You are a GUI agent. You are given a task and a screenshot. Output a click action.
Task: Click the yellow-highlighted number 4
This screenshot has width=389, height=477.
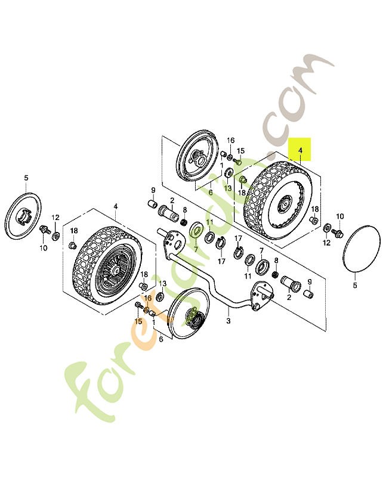pyautogui.click(x=301, y=150)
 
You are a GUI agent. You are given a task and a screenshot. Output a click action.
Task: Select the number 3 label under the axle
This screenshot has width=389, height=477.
pyautogui.click(x=227, y=321)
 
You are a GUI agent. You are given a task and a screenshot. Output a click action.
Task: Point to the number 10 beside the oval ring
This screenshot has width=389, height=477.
pyautogui.click(x=340, y=216)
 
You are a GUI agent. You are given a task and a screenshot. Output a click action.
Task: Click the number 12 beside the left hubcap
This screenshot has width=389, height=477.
pyautogui.click(x=55, y=218)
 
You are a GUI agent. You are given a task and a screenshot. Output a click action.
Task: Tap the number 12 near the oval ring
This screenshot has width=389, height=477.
pyautogui.click(x=327, y=243)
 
